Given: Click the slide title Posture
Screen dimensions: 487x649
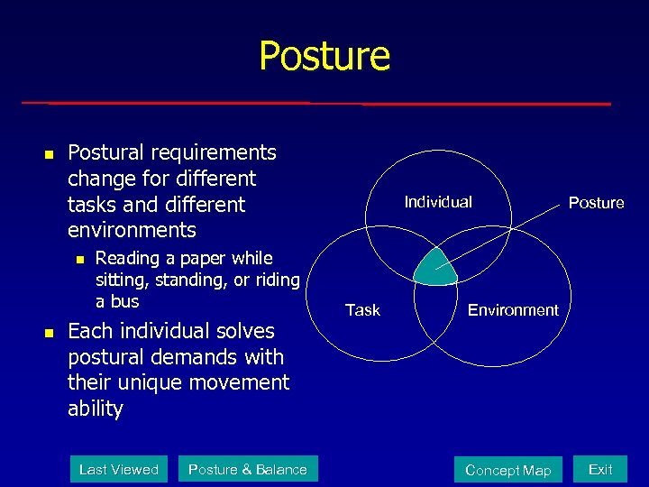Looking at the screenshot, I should [x=324, y=56].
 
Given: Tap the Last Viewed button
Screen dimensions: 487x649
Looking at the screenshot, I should [x=118, y=469].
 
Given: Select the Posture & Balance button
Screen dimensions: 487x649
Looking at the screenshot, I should [x=247, y=469].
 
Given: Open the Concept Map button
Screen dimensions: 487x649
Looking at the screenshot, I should [x=507, y=470].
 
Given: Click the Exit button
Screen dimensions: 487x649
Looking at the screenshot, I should [x=600, y=469].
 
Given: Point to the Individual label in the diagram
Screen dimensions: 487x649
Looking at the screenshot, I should [x=438, y=202].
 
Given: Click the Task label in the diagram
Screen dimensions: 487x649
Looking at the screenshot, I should [x=362, y=310].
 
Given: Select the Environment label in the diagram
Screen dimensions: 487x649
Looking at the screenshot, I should [x=513, y=310].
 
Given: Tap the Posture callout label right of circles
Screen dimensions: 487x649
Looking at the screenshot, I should [x=596, y=203].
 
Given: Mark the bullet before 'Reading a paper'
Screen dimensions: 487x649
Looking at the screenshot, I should [x=78, y=260].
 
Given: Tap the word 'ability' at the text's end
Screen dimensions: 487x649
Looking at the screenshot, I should [x=95, y=409].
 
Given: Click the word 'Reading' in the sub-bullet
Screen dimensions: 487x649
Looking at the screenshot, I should [x=125, y=258].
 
